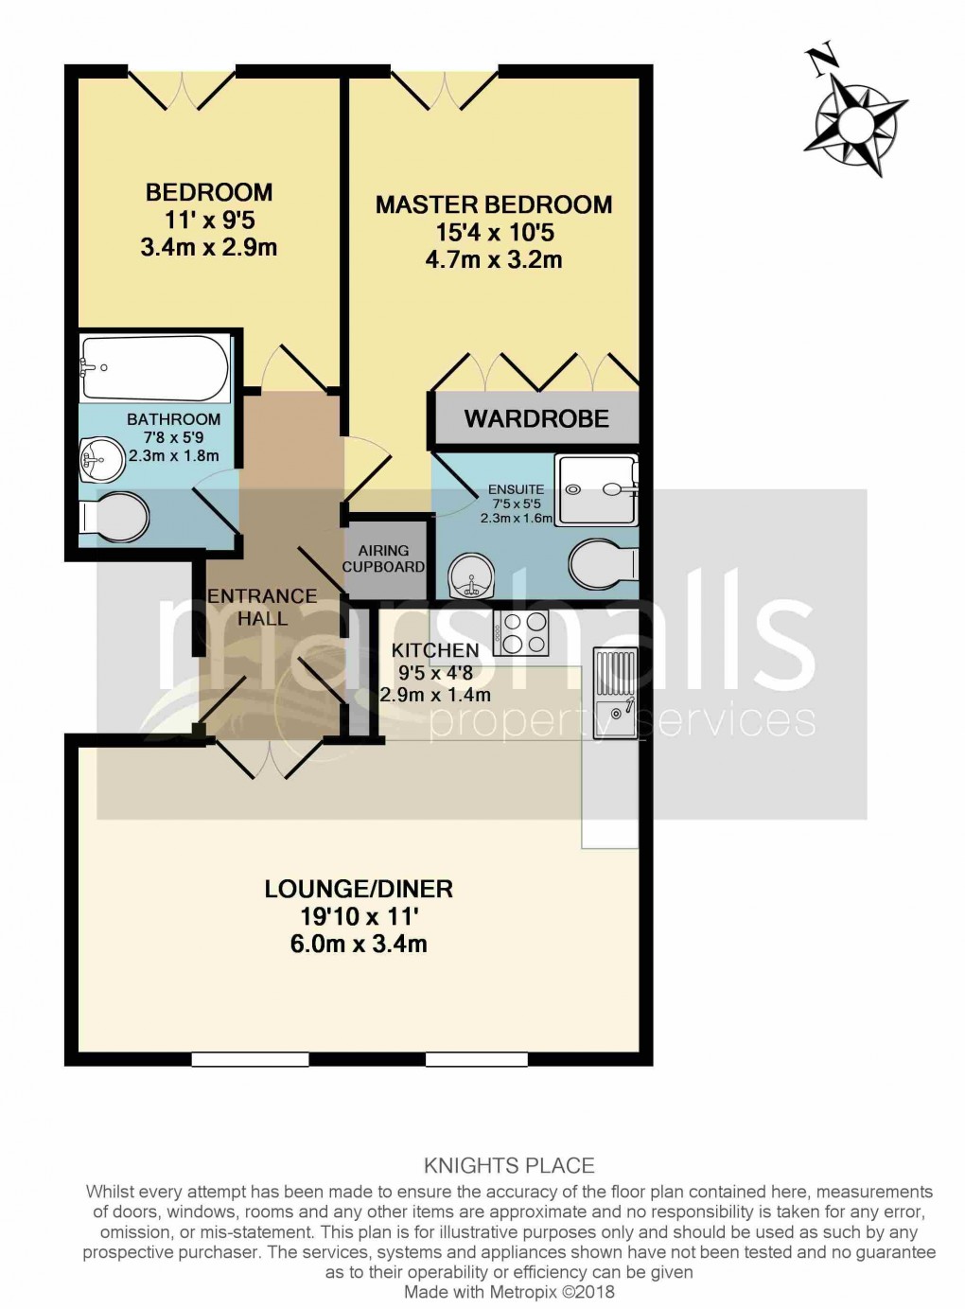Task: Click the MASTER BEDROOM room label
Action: point(494,204)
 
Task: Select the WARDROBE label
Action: point(536,418)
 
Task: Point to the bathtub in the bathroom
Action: point(154,368)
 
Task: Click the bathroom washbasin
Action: point(101,460)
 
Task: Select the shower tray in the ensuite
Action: point(597,489)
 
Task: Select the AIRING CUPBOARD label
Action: point(383,558)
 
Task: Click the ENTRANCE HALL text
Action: point(262,607)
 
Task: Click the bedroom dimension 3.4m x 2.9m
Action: point(209,247)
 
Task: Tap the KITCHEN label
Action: point(435,650)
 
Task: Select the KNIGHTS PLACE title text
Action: point(509,1166)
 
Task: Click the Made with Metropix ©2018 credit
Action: point(509,1292)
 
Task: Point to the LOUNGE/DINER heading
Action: point(359,889)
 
